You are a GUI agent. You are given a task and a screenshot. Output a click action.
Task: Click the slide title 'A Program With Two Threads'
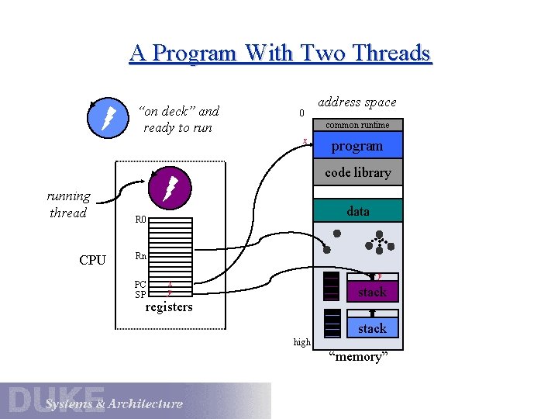(x=280, y=53)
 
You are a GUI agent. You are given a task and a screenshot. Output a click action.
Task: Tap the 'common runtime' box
(x=357, y=125)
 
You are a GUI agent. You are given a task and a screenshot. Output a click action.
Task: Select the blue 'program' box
(x=357, y=146)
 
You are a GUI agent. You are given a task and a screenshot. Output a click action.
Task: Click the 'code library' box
(x=357, y=172)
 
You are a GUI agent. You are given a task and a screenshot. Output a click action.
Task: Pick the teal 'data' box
(x=357, y=211)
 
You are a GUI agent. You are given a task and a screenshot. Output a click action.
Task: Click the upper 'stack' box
(x=372, y=292)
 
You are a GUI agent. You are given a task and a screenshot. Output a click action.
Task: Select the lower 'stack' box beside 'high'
(x=372, y=328)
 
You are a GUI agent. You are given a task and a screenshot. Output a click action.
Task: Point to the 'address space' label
(x=357, y=102)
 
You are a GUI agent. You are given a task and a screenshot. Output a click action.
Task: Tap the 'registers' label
(x=169, y=306)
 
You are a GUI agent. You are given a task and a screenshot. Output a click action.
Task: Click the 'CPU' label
(x=92, y=260)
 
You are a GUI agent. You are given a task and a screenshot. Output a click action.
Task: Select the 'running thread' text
(x=68, y=204)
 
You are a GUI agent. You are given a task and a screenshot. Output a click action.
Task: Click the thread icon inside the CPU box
(x=169, y=188)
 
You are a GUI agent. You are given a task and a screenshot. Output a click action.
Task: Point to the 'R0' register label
(x=140, y=220)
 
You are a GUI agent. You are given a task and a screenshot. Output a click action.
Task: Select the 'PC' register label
(x=140, y=284)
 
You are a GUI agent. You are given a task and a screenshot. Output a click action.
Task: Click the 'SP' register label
(x=140, y=295)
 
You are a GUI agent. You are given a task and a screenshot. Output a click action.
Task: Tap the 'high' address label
(x=302, y=341)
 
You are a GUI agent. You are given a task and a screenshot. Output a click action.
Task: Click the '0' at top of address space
(x=302, y=113)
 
